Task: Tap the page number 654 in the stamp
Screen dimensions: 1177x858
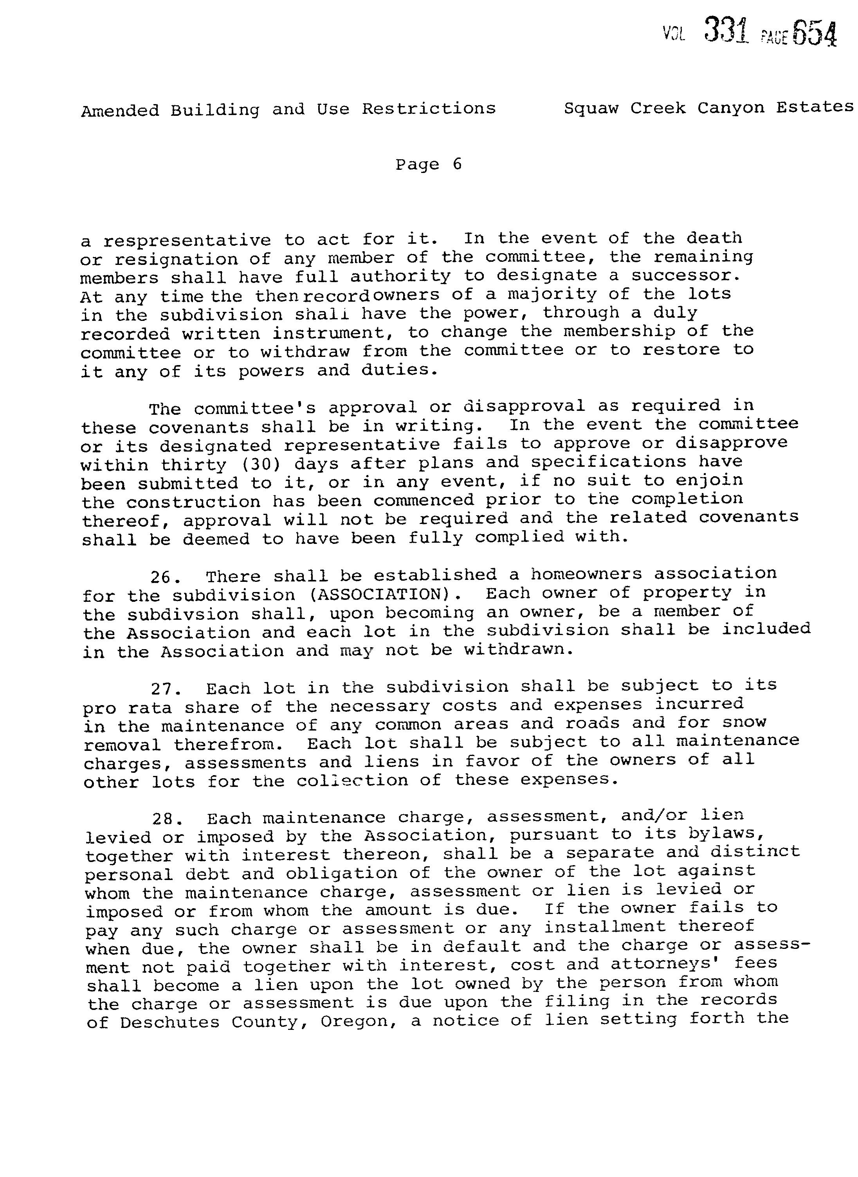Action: (x=815, y=34)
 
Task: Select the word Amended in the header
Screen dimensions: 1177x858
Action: (x=120, y=111)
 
